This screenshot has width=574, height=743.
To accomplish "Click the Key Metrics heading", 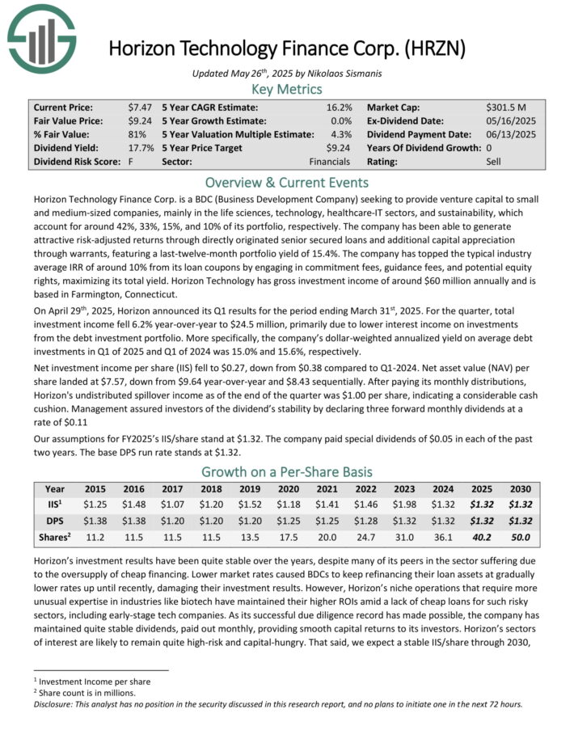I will coord(287,89).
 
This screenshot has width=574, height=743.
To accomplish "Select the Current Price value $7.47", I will coord(140,107).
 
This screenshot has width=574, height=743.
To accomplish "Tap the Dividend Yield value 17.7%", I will coord(141,148).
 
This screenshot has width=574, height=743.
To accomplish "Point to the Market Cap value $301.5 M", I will coord(506,107).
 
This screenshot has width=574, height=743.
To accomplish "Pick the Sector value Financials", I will coord(330,162).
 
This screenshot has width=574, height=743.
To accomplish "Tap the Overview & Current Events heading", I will coord(287,182).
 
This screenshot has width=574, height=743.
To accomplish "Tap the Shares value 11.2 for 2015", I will coord(96,537).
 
